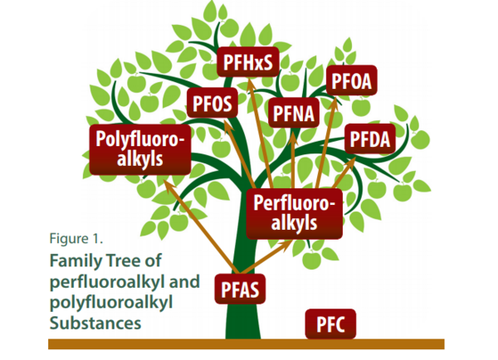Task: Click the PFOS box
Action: pyautogui.click(x=214, y=104)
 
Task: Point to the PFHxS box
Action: pyautogui.click(x=248, y=61)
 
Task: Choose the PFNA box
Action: pyautogui.click(x=291, y=112)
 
